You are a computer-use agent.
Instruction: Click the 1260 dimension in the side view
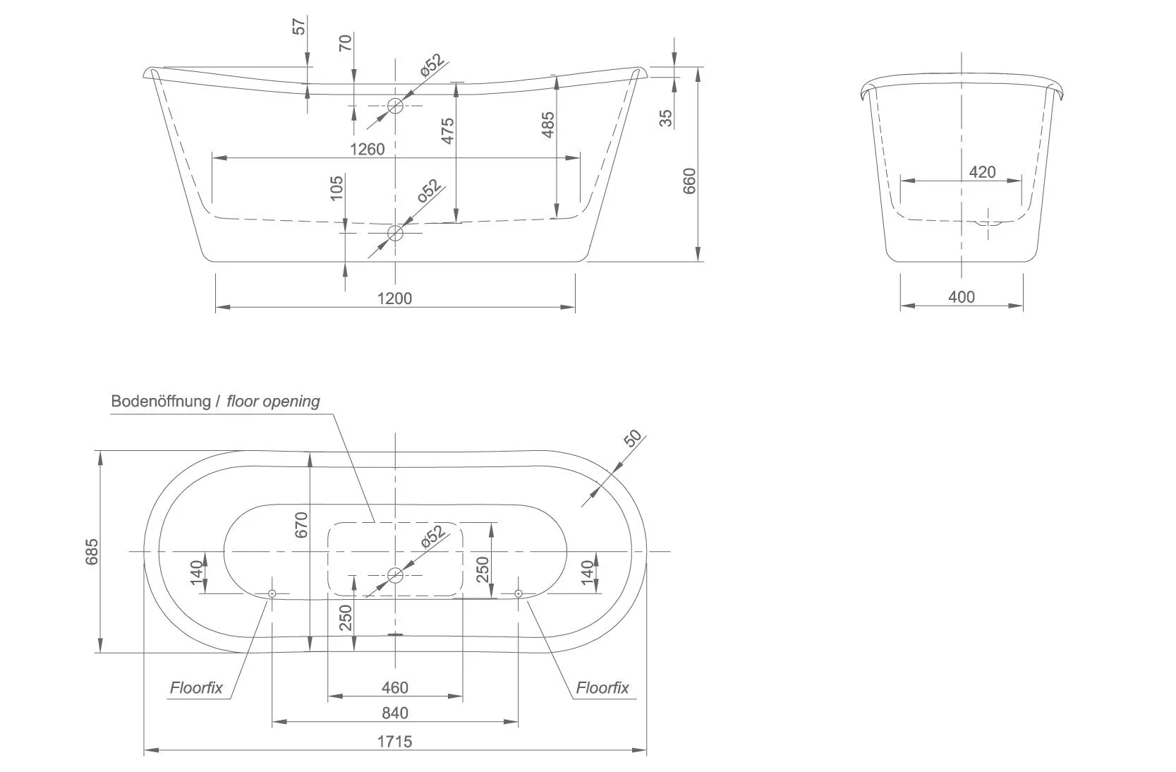367,149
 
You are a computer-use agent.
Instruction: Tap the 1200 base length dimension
394,298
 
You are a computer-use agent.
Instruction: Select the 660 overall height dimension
690,181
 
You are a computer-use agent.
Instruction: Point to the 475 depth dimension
447,131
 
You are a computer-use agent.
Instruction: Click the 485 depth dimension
548,125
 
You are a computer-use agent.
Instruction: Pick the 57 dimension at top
300,27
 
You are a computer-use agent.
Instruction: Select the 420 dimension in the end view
982,171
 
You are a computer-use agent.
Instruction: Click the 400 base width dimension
961,296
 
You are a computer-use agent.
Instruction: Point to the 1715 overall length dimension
394,741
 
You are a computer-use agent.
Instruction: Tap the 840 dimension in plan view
395,713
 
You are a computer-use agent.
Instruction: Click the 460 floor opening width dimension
395,687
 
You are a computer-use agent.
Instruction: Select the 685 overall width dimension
92,552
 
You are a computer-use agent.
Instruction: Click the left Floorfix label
195,688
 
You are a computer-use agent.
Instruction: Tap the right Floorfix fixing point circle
519,593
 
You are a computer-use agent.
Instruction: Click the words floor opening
273,402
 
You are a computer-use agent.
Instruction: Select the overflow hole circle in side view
395,106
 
